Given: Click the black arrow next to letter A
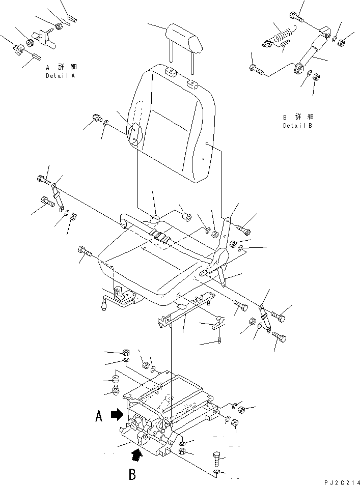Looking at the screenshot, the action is pyautogui.click(x=117, y=414).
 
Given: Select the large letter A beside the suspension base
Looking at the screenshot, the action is pyautogui.click(x=99, y=416).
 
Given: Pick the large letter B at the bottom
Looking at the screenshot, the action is pyautogui.click(x=132, y=474).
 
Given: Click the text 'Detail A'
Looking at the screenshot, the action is pyautogui.click(x=61, y=76).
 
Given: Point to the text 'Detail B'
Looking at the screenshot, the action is pyautogui.click(x=297, y=126).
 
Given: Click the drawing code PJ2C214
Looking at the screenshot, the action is pyautogui.click(x=342, y=482).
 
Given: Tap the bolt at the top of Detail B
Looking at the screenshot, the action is pyautogui.click(x=296, y=16).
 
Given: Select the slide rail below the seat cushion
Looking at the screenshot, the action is pyautogui.click(x=185, y=309).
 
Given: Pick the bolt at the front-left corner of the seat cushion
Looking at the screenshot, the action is pyautogui.click(x=84, y=251).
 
